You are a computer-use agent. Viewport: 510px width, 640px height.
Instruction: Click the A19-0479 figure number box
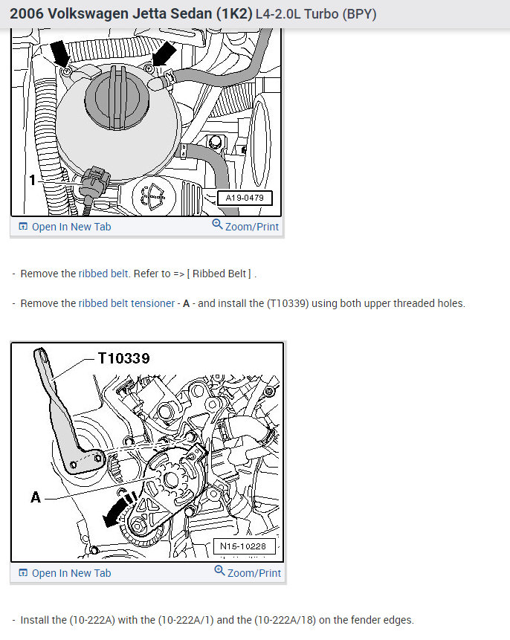[245, 198]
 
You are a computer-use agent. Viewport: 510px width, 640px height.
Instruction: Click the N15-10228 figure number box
[244, 546]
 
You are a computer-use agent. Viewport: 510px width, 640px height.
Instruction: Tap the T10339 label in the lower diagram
[123, 358]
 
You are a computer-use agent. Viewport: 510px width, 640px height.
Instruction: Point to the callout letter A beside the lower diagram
[36, 497]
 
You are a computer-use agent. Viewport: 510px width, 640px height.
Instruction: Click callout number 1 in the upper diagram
[33, 180]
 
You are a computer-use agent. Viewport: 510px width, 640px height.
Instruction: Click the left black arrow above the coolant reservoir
[60, 54]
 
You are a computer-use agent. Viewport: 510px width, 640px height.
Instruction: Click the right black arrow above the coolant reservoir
[164, 54]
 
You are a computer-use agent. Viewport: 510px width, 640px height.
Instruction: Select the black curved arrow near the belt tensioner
[117, 509]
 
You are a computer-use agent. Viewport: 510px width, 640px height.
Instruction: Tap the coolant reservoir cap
[115, 97]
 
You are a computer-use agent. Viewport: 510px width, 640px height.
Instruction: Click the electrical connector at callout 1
[94, 182]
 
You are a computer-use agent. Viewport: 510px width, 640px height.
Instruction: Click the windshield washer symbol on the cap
[154, 195]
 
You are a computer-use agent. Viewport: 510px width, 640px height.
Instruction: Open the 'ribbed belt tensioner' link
[126, 303]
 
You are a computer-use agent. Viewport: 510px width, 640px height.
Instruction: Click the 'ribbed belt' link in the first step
[103, 274]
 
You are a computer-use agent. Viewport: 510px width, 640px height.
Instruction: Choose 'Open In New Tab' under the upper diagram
[65, 227]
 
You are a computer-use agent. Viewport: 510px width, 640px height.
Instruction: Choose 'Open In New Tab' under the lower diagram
[65, 573]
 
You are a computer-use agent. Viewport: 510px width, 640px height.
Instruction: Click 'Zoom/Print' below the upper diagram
[245, 226]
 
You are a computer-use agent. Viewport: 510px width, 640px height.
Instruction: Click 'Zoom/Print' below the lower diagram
[248, 572]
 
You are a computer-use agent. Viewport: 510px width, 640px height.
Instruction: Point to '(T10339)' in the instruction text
[288, 303]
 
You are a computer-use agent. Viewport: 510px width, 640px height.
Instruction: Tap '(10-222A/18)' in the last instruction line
[285, 620]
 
